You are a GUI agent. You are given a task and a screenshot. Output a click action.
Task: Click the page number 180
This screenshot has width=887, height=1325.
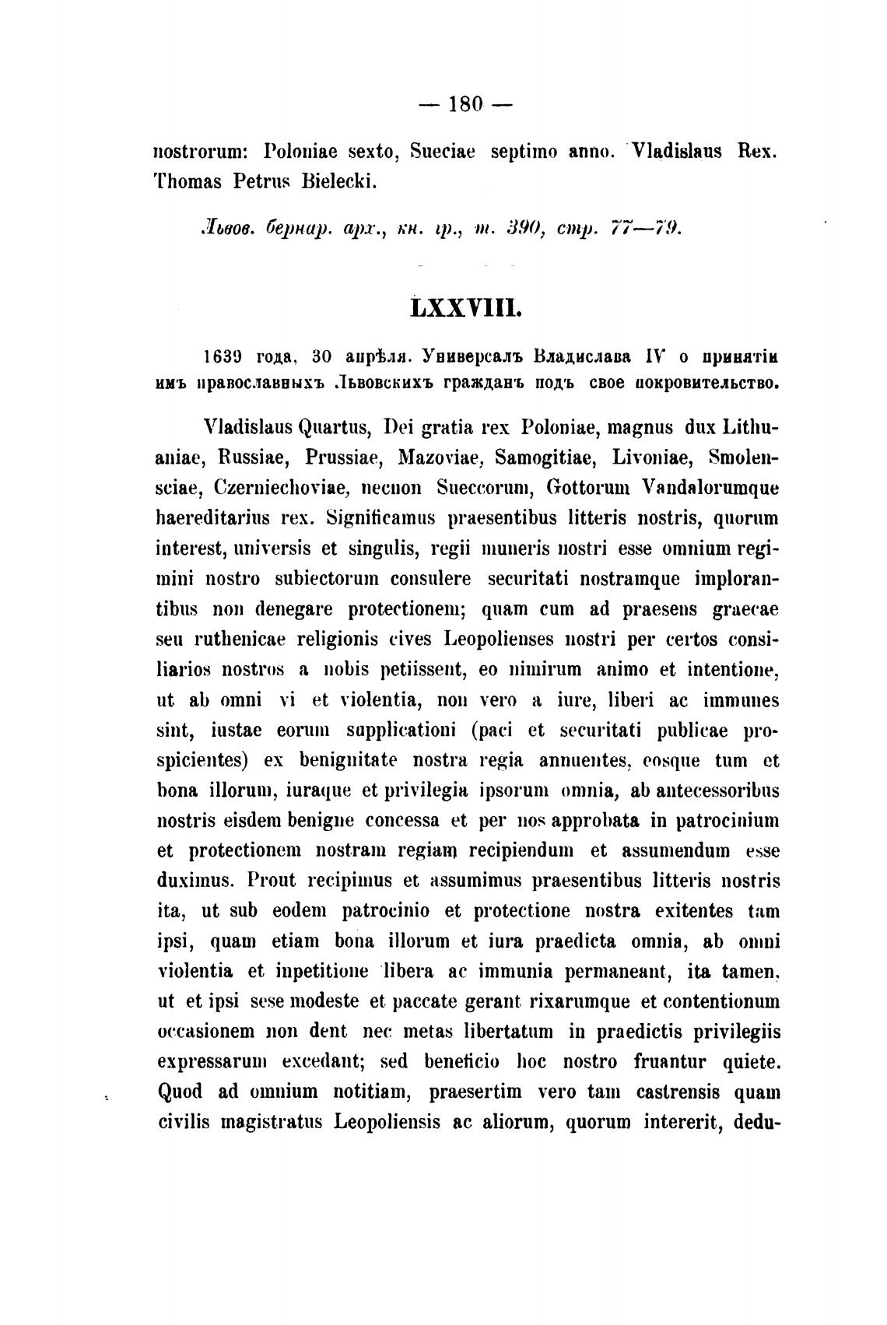point(466,103)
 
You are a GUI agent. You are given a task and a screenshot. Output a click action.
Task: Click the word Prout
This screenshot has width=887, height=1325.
point(272,882)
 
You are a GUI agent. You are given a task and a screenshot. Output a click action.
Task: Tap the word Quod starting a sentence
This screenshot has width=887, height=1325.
point(181,1092)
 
